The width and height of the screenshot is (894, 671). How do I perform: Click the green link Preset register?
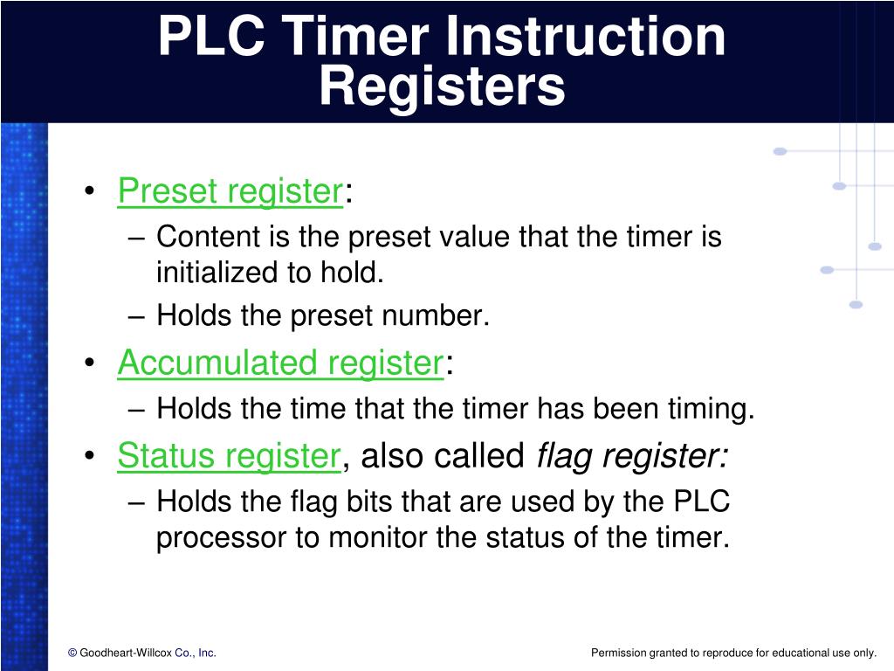[230, 190]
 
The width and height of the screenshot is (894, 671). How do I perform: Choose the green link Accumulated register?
[280, 363]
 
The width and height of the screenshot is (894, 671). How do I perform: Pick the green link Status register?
[229, 455]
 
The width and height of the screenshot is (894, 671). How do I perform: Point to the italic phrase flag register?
[632, 455]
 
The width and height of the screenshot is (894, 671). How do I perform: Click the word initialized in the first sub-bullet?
[217, 273]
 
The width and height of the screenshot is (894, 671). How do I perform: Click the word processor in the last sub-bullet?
[222, 537]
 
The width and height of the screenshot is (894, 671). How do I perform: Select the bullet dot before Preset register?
[93, 192]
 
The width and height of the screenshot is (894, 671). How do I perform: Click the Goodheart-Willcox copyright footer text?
[141, 653]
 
